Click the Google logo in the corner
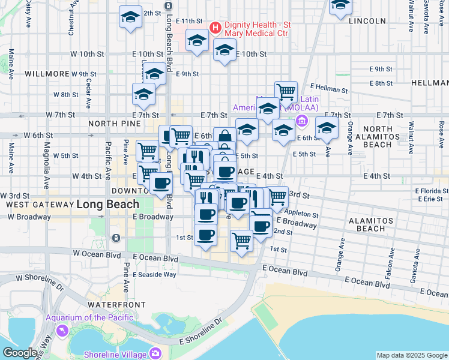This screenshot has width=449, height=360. (x=20, y=352)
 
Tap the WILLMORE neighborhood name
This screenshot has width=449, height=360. (x=47, y=74)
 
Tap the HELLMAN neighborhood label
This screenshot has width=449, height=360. (x=430, y=82)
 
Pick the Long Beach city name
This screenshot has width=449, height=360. (x=101, y=205)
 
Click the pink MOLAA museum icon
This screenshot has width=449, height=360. (x=301, y=123)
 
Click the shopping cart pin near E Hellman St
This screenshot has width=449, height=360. (x=286, y=92)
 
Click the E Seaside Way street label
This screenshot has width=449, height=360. (x=154, y=274)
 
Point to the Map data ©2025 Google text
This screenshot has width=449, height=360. (x=412, y=355)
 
